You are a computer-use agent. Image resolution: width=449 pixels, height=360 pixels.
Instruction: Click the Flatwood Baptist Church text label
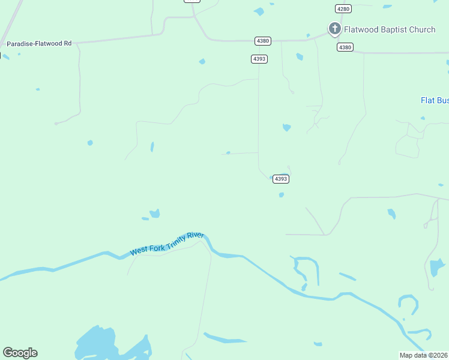point(390,29)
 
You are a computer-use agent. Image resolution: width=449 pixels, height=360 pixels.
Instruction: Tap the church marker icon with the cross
point(335,28)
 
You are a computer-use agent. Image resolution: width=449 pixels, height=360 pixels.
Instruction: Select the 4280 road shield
point(343,8)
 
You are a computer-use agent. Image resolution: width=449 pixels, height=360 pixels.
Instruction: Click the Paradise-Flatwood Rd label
point(39,44)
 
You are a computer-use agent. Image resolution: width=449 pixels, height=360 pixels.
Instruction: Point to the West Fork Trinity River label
point(167,244)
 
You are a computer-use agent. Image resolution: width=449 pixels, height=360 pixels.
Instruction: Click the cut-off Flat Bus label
point(434,100)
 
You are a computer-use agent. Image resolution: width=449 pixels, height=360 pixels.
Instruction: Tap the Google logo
point(20,353)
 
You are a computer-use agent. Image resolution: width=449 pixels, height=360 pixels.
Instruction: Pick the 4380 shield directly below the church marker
point(345,47)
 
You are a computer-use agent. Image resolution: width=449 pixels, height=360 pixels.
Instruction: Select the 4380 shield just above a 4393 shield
point(262,41)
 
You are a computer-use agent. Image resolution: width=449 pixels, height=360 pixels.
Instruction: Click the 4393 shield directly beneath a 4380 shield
point(259,58)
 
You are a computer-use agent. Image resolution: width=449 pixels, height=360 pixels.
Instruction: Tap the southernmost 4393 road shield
point(281,179)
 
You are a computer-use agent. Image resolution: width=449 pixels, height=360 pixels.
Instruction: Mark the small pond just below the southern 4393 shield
point(281,194)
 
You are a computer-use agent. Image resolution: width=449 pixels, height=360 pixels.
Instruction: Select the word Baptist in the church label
point(393,29)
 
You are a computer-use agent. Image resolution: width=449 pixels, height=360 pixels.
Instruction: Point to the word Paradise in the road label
point(20,44)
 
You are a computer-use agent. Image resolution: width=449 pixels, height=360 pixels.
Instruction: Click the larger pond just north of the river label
point(155,213)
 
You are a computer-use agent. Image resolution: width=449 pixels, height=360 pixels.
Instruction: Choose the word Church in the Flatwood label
point(422,29)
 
